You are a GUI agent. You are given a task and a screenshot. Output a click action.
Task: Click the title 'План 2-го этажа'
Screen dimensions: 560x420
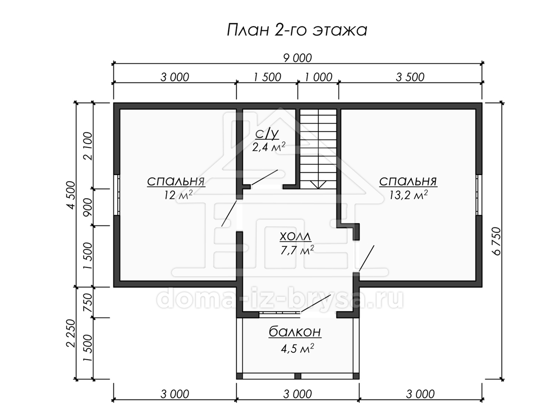click(297, 30)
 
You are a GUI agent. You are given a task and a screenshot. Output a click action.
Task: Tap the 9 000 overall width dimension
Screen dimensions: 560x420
click(297, 58)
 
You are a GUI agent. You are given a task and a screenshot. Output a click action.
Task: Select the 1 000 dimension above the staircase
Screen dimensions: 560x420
click(318, 77)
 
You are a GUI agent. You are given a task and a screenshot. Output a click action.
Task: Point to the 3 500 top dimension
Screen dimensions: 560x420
click(410, 77)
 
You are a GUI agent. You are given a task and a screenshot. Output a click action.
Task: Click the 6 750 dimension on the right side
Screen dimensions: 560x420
click(497, 241)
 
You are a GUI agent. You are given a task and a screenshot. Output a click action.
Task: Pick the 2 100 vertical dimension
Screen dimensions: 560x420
click(88, 146)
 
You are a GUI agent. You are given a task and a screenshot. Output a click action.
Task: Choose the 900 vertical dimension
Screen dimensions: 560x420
click(88, 207)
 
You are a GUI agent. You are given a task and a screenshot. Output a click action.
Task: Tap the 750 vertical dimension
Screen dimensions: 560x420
click(88, 302)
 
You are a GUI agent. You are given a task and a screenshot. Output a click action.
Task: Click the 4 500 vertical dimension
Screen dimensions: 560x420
click(71, 195)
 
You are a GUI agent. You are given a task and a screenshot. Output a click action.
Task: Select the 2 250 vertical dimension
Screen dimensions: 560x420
click(71, 333)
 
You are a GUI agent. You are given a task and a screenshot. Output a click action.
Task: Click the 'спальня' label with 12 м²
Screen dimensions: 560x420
click(176, 182)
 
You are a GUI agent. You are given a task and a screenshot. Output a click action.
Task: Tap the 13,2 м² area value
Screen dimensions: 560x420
click(408, 196)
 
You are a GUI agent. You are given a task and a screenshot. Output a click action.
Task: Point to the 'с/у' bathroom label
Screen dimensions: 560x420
click(267, 134)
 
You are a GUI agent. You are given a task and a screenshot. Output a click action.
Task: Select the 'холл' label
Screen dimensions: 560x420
click(296, 237)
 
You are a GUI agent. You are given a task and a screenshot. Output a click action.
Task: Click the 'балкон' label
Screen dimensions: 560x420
click(295, 332)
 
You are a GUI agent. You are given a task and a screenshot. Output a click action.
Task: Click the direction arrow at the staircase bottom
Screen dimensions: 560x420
click(318, 185)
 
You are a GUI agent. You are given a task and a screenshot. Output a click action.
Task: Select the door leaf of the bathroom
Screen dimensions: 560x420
click(264, 177)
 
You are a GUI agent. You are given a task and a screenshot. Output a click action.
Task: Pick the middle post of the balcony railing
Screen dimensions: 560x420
click(298, 376)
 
